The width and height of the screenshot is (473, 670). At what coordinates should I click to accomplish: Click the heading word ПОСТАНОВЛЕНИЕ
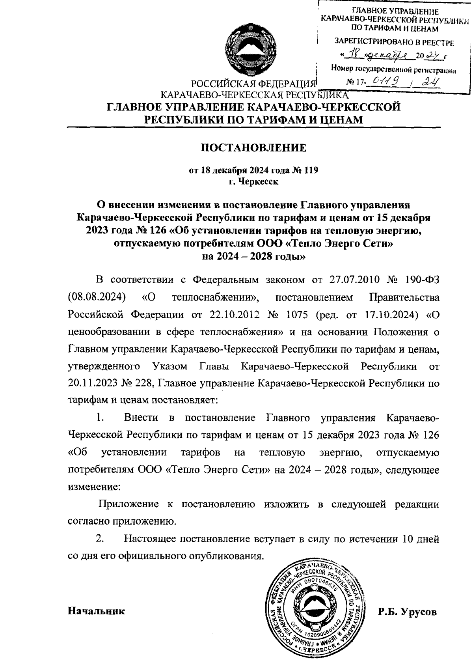pyautogui.click(x=253, y=148)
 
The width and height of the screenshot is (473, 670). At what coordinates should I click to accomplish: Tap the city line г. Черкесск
pyautogui.click(x=253, y=182)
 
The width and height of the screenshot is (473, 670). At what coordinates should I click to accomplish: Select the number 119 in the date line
pyautogui.click(x=310, y=170)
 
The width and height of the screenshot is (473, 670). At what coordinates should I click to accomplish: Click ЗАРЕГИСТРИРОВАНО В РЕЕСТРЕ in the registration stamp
pyautogui.click(x=394, y=43)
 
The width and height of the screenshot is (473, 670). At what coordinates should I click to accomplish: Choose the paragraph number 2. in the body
pyautogui.click(x=101, y=538)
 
